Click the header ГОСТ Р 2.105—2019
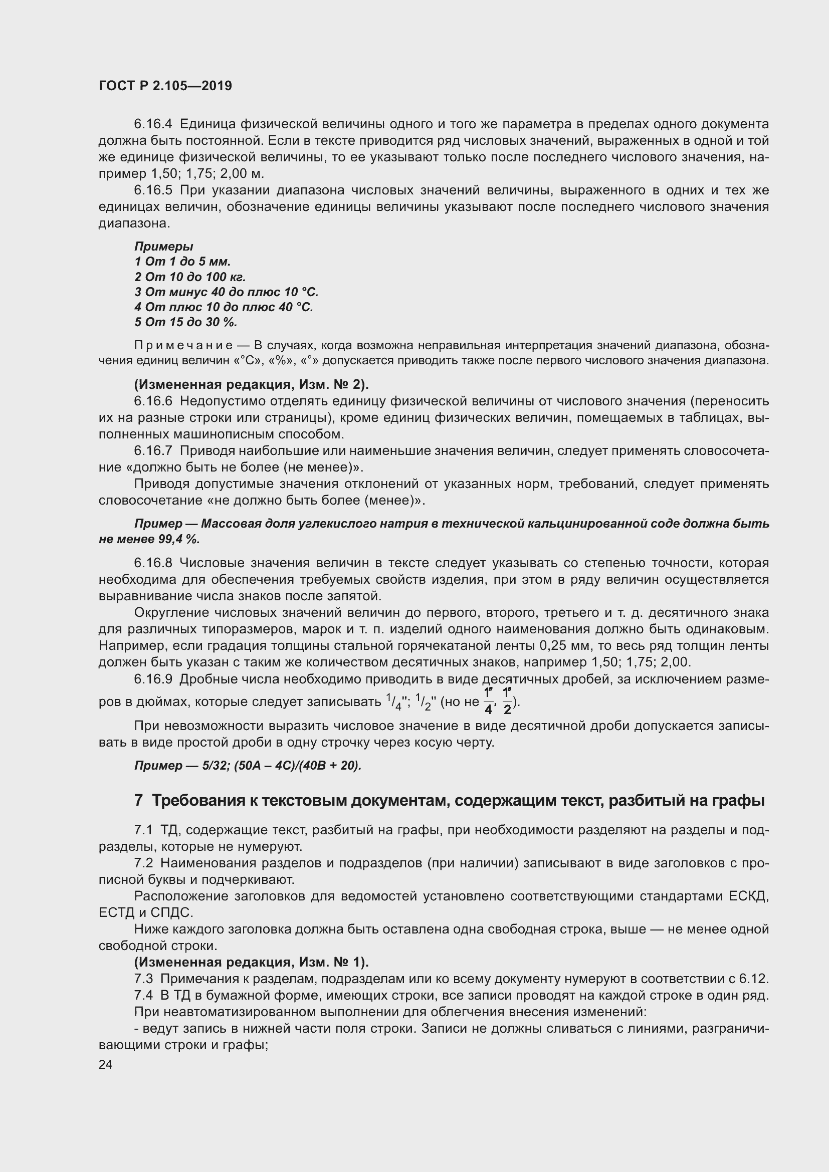pyautogui.click(x=165, y=86)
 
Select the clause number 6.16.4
pyautogui.click(x=153, y=124)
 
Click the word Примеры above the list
pyautogui.click(x=163, y=247)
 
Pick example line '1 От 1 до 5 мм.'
pyautogui.click(x=182, y=262)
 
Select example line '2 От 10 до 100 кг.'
pyautogui.click(x=190, y=277)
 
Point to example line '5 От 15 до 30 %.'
pyautogui.click(x=186, y=323)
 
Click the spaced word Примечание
pyautogui.click(x=183, y=346)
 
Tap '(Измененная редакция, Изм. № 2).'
pyautogui.click(x=251, y=384)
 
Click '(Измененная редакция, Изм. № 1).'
pyautogui.click(x=251, y=962)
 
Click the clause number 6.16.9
pyautogui.click(x=153, y=679)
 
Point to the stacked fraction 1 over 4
pyautogui.click(x=488, y=701)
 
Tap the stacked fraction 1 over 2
pyautogui.click(x=507, y=701)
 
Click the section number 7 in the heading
pyautogui.click(x=138, y=801)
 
